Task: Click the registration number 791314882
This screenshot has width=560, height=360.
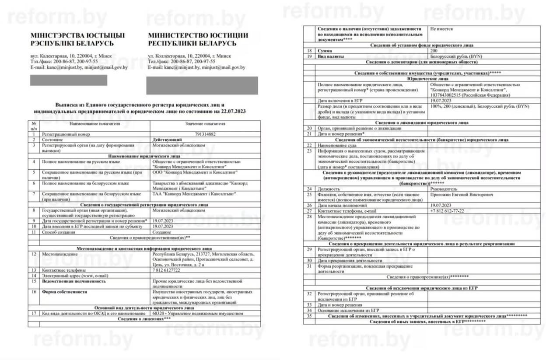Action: point(206,134)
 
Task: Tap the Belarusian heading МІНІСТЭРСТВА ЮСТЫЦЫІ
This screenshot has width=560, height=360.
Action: point(77,35)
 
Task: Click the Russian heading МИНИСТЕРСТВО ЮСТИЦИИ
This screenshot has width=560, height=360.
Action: point(198,35)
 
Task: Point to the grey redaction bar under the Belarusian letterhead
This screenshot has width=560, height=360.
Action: point(68,80)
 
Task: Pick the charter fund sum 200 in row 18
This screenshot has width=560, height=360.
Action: point(434,51)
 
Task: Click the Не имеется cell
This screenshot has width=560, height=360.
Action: point(441,28)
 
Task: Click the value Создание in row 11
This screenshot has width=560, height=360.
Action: point(162,232)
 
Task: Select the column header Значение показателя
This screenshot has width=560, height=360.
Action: point(205,124)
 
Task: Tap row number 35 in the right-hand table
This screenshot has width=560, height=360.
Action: point(310,316)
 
